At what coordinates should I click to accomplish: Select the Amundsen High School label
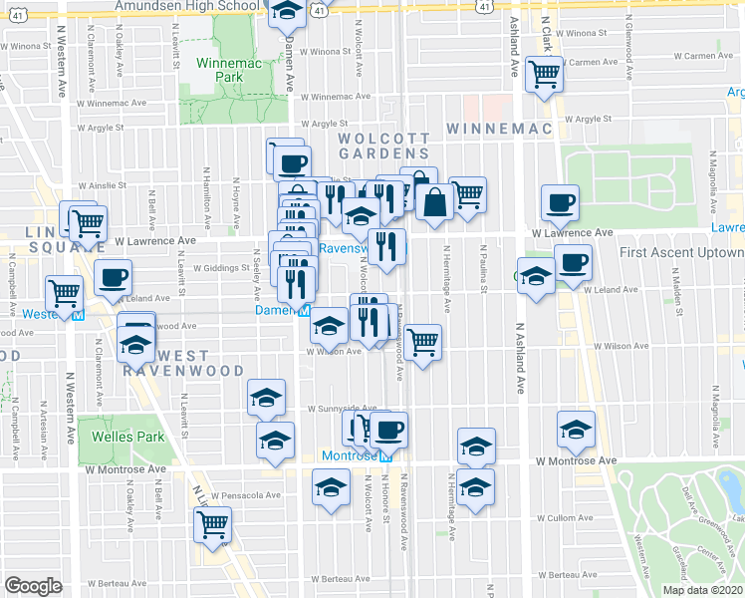pos(187,6)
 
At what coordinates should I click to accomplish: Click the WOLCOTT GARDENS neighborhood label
pos(384,146)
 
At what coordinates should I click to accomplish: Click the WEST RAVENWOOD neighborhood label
pos(167,362)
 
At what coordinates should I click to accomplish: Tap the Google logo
pos(33,586)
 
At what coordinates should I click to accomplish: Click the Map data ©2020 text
pos(702,590)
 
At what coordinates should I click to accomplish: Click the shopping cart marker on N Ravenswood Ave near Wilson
pos(424,342)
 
